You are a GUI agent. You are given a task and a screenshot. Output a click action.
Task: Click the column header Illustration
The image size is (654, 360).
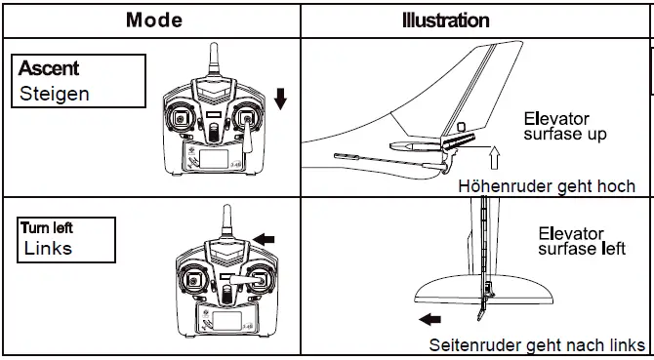[446, 19]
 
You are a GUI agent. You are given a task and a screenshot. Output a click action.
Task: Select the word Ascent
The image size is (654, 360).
[50, 69]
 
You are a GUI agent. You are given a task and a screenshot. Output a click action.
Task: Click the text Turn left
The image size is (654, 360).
[46, 227]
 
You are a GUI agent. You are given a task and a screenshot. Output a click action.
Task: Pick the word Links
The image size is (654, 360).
[48, 248]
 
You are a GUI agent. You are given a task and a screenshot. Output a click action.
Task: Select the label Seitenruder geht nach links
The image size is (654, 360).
[537, 345]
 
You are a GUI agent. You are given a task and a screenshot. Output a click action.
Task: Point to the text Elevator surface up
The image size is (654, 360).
[564, 126]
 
